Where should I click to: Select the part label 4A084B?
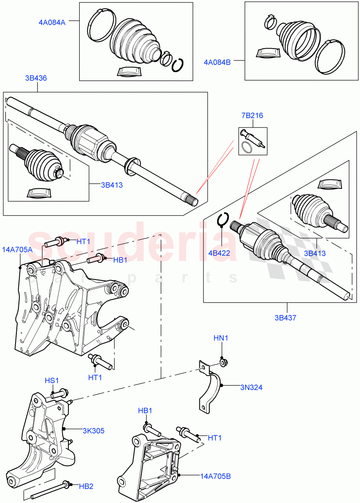pos(217,62)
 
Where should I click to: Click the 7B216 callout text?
pos(252,116)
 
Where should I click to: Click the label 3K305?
pos(93,430)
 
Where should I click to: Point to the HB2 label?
pos(86,486)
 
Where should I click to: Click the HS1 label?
pos(52,380)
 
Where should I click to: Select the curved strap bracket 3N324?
pos(210,388)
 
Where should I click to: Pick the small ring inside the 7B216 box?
pos(248,147)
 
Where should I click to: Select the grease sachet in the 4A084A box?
pos(130,72)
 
